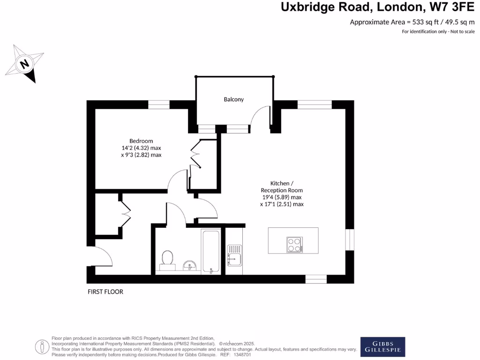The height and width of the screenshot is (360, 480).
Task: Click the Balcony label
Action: tap(233, 99)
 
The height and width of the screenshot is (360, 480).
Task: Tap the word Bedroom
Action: tap(141, 141)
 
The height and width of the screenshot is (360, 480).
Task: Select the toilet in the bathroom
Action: tap(167, 260)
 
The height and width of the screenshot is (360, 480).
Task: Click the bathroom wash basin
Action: tap(190, 266)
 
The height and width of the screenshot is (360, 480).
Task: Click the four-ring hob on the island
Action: tap(294, 244)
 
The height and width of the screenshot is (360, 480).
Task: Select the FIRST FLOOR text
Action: tap(105, 292)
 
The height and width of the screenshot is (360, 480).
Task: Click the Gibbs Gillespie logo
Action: tap(382, 347)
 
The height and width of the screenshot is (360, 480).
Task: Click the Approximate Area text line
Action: tap(412, 22)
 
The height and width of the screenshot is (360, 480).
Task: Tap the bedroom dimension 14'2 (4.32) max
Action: tap(141, 148)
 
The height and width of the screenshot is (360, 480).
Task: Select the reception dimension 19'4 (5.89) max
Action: tap(282, 197)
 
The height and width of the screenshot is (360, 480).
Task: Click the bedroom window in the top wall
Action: tap(159, 105)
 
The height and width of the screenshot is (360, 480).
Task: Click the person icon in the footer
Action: tap(42, 347)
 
